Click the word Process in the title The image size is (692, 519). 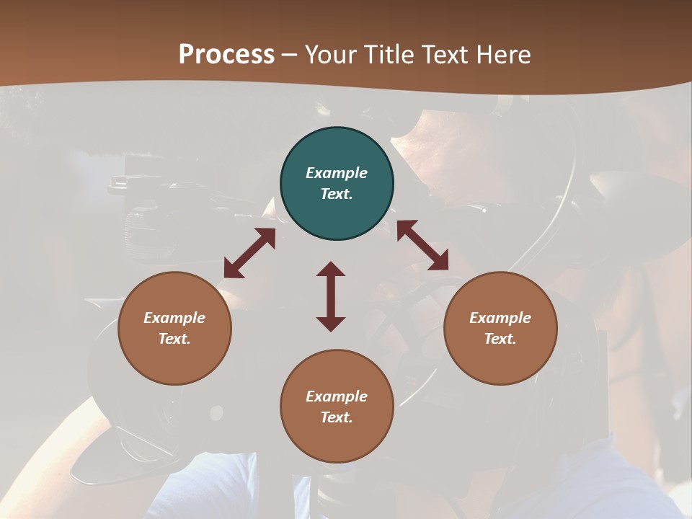[x=226, y=55]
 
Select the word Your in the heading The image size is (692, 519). [x=330, y=55]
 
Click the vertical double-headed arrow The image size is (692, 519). [x=331, y=296]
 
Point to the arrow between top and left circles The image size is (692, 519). [x=249, y=253]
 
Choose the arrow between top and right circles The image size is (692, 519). [x=422, y=245]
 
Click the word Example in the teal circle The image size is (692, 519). [x=337, y=173]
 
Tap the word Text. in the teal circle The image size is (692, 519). [x=337, y=194]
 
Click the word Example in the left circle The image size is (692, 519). [x=174, y=318]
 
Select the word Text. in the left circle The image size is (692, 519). [x=174, y=339]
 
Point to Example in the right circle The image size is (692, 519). [x=500, y=318]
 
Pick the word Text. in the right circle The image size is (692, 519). [x=500, y=339]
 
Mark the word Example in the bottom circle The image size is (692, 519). [x=337, y=396]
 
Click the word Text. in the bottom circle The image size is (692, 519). [x=337, y=417]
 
